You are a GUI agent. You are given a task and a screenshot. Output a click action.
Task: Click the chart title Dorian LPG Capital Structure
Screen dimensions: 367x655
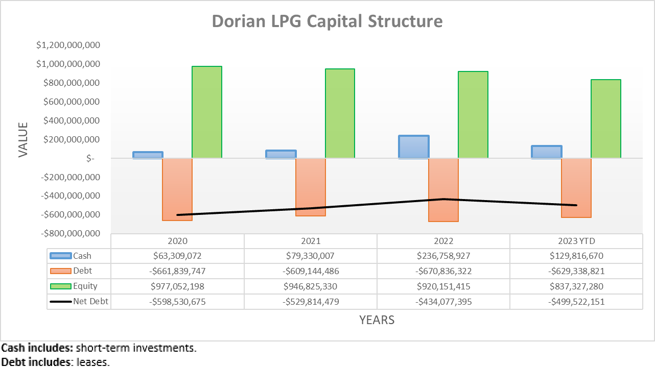[x=327, y=21]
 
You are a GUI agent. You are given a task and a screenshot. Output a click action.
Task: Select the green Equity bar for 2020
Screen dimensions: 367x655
[x=206, y=112]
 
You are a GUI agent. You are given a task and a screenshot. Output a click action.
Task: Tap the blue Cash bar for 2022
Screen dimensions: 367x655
[x=413, y=147]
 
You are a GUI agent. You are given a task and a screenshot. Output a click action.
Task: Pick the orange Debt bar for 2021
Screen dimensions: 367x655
[x=310, y=187]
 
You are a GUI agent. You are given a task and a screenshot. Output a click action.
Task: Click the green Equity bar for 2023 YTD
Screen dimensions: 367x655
[x=605, y=119]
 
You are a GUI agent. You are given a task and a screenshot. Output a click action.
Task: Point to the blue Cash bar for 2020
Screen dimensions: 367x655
[x=148, y=155]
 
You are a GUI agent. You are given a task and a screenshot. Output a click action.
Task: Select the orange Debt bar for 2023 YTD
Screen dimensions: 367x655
[x=576, y=188]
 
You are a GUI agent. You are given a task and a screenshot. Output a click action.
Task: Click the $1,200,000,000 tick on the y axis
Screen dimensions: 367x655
[x=68, y=45]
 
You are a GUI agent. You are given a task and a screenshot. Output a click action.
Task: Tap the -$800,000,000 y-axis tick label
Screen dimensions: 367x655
[x=68, y=233]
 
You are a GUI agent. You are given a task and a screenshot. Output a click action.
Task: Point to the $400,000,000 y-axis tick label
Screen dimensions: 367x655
[x=68, y=121]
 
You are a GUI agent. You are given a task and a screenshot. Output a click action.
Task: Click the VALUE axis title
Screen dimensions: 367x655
[x=23, y=139]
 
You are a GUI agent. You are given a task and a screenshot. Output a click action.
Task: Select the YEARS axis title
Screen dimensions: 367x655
[x=377, y=320]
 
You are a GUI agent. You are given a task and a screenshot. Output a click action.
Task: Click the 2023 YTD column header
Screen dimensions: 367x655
[x=576, y=241]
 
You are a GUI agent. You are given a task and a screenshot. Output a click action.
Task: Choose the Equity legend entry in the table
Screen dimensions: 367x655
[x=85, y=286]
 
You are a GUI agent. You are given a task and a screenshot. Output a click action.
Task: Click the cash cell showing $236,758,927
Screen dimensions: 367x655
[x=443, y=256]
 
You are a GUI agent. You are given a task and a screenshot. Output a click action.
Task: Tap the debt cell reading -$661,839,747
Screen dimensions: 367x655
[x=177, y=271]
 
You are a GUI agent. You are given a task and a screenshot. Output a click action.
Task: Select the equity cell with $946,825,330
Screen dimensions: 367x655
[x=310, y=286]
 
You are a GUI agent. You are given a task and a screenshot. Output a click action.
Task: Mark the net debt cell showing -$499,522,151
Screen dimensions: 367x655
[x=576, y=302]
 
